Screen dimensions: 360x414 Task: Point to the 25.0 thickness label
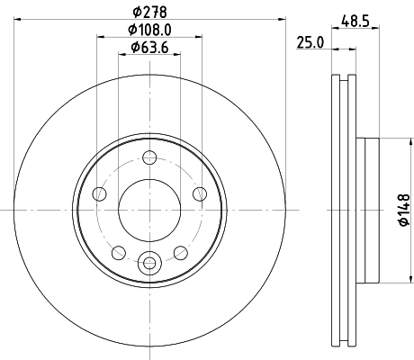click(x=309, y=40)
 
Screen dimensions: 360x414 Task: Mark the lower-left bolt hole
click(x=119, y=251)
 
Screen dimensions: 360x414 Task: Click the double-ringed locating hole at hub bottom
click(x=148, y=263)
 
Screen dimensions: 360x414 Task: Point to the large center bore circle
click(x=148, y=211)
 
